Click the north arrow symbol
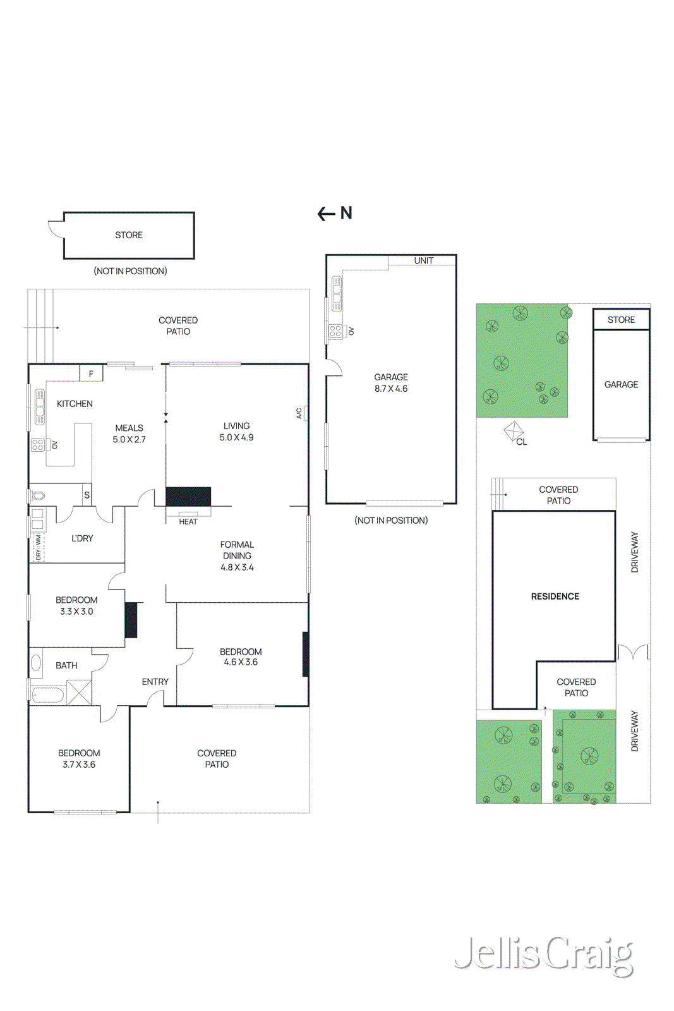coord(335,214)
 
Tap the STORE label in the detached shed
coord(129,235)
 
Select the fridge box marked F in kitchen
coord(91,374)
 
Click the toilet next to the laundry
coord(38,495)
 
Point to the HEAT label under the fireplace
coord(188,522)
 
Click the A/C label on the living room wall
coord(299,413)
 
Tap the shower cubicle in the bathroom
coord(79,692)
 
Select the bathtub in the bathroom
coord(48,695)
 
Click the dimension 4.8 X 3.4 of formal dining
coord(237,567)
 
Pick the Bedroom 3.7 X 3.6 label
coord(79,759)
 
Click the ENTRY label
coord(155,682)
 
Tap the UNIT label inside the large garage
coord(423,260)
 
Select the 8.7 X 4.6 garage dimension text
coord(391,389)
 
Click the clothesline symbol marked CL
coord(514,432)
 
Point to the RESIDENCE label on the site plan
coord(555,596)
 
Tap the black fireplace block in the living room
coord(188,497)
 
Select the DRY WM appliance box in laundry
coord(38,547)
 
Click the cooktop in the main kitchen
coord(38,444)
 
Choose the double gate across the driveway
coord(633,652)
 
